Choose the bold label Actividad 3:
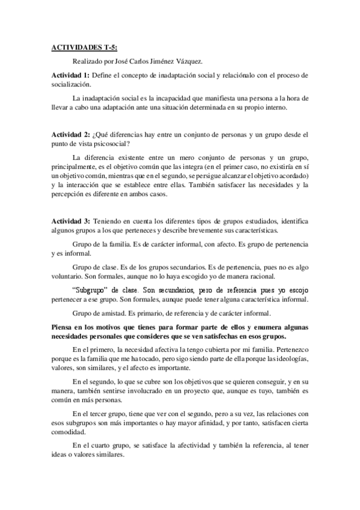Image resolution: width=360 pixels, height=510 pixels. [70, 222]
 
